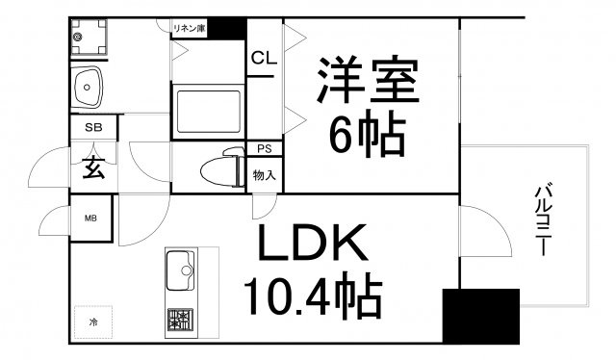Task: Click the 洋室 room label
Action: (368, 80)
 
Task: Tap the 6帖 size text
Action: (367, 134)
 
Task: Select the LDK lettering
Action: (313, 243)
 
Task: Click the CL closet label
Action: (264, 58)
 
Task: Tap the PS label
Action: (265, 149)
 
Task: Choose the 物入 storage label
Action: (264, 175)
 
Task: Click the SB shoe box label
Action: (93, 127)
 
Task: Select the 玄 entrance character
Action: (94, 167)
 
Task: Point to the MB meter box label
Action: (90, 219)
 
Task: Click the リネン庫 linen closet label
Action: (189, 29)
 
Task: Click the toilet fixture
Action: (222, 167)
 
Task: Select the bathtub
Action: (209, 112)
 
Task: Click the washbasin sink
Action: (87, 88)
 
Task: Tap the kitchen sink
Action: (181, 270)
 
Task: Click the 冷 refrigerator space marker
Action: (93, 322)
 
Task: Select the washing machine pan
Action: (89, 37)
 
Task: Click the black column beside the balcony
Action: (481, 317)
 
